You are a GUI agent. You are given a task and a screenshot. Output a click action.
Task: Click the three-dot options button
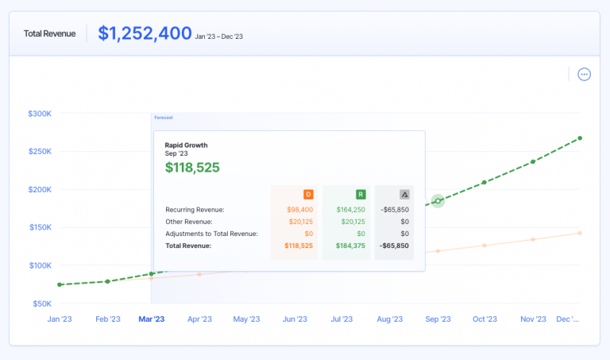coord(585,75)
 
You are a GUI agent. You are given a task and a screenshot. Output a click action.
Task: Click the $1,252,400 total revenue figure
coord(145,33)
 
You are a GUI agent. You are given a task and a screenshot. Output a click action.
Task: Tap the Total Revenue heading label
coord(49,34)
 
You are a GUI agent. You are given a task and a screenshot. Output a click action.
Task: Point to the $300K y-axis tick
coord(39,114)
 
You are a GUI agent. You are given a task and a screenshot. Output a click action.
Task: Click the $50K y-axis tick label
coord(41,304)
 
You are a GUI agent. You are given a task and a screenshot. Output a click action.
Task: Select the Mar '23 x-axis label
coord(152,319)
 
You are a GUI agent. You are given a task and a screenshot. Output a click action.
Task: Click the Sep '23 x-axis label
coord(438,319)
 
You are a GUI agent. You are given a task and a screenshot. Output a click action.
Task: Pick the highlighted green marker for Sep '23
coord(438,201)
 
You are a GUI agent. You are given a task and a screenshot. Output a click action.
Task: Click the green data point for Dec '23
coord(580,138)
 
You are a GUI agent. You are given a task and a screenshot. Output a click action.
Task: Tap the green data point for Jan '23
coord(60,285)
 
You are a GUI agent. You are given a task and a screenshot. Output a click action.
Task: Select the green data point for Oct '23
coord(485,183)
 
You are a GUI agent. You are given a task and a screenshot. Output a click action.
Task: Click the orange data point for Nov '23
coord(533,239)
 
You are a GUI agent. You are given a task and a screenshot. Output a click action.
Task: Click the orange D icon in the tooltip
coord(307,194)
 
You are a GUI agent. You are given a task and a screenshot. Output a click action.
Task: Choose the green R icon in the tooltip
coord(360,194)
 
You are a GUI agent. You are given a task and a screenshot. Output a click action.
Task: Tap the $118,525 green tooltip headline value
coord(192,168)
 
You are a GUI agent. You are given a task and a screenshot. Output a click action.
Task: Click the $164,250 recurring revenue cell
coord(351,210)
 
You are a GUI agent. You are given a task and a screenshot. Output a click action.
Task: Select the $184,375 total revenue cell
coord(351,246)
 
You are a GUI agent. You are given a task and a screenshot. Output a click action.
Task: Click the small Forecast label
coord(163,118)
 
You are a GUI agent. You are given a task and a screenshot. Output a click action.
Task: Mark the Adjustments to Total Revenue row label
coord(211,234)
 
